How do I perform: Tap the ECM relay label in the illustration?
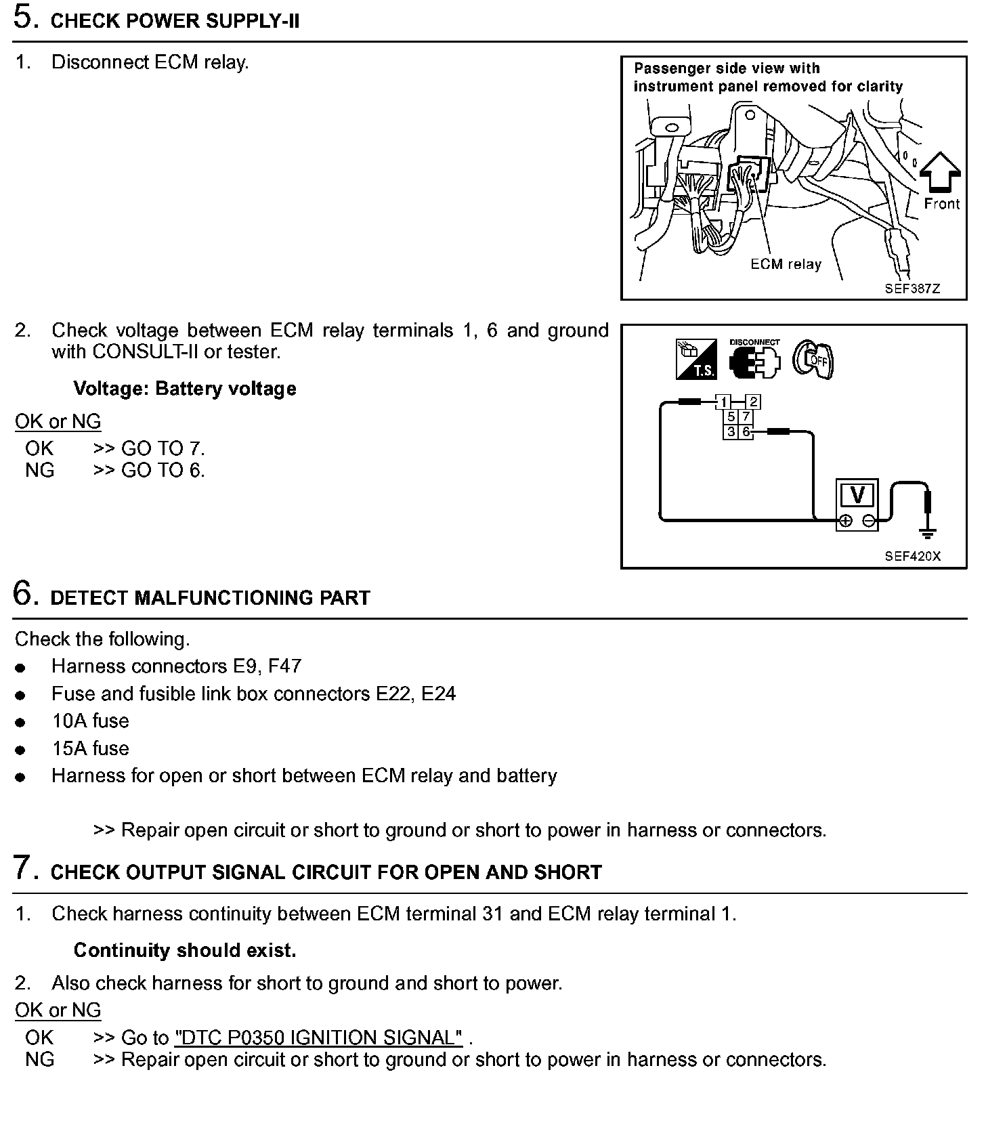pyautogui.click(x=786, y=264)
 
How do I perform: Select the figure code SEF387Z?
pyautogui.click(x=912, y=289)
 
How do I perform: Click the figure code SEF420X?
pyautogui.click(x=912, y=556)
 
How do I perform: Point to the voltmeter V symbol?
pyautogui.click(x=857, y=496)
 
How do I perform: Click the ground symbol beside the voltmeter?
pyautogui.click(x=929, y=532)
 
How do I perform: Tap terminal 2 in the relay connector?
pyautogui.click(x=753, y=402)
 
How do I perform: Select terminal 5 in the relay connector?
pyautogui.click(x=731, y=417)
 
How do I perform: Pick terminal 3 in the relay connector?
pyautogui.click(x=731, y=431)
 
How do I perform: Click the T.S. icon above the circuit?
pyautogui.click(x=695, y=359)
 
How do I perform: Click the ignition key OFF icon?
pyautogui.click(x=813, y=360)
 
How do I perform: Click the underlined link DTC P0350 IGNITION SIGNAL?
pyautogui.click(x=318, y=1038)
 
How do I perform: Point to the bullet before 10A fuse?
pyautogui.click(x=20, y=723)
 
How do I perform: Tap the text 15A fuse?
pyautogui.click(x=90, y=748)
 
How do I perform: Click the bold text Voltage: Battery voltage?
pyautogui.click(x=185, y=389)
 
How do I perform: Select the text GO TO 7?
pyautogui.click(x=163, y=448)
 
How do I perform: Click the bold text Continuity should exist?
pyautogui.click(x=185, y=950)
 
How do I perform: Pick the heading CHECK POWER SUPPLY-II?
pyautogui.click(x=175, y=21)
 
